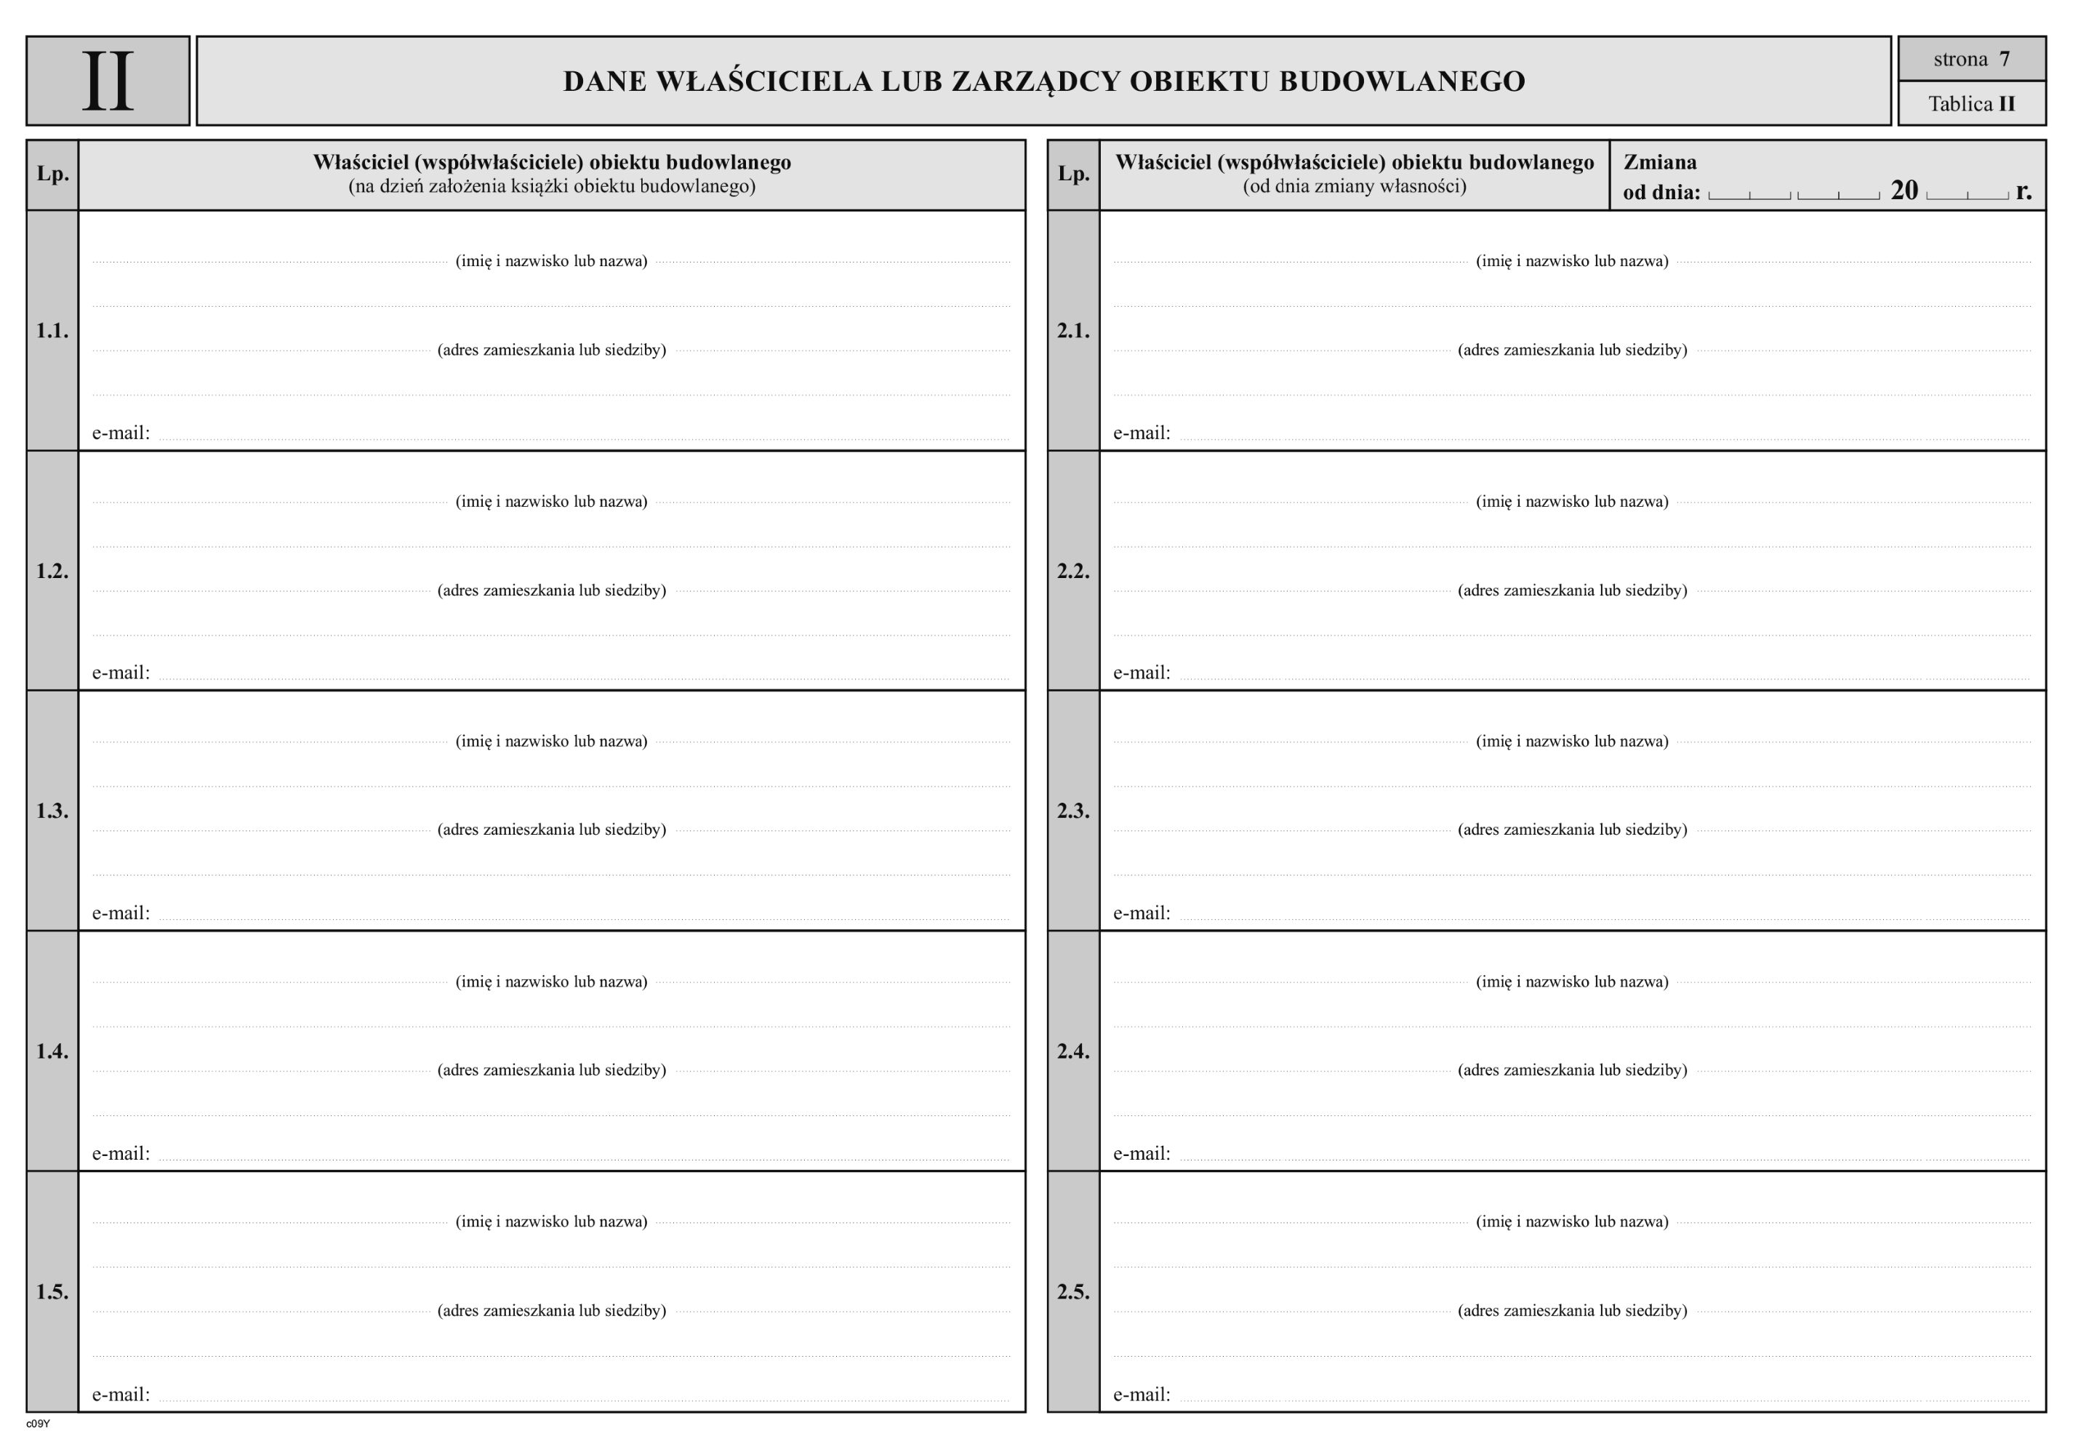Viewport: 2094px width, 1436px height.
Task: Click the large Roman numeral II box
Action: pyautogui.click(x=108, y=81)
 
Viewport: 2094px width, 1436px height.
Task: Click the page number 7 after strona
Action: pyautogui.click(x=2004, y=60)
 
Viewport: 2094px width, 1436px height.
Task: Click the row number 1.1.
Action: pyautogui.click(x=52, y=331)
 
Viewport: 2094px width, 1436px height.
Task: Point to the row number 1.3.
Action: pyautogui.click(x=52, y=811)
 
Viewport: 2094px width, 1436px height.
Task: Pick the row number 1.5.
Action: pyautogui.click(x=52, y=1292)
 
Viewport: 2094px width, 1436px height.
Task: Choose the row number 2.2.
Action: pyautogui.click(x=1073, y=571)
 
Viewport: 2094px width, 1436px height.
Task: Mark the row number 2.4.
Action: pyautogui.click(x=1073, y=1051)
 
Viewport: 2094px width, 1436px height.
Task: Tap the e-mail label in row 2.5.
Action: pyautogui.click(x=1142, y=1395)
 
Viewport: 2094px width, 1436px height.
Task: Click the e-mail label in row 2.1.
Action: pyautogui.click(x=1142, y=433)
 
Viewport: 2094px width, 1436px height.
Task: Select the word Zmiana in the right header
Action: pyautogui.click(x=1660, y=163)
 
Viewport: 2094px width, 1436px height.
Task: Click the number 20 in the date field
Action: pyautogui.click(x=1904, y=191)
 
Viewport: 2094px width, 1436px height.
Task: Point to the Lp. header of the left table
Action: pyautogui.click(x=52, y=174)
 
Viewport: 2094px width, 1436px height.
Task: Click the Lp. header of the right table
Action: pyautogui.click(x=1073, y=174)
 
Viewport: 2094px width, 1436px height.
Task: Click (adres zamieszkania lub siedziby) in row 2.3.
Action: pyautogui.click(x=1572, y=830)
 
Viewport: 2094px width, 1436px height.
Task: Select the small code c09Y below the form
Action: pyautogui.click(x=38, y=1424)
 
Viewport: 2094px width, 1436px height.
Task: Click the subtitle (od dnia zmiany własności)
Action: pyautogui.click(x=1355, y=186)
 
